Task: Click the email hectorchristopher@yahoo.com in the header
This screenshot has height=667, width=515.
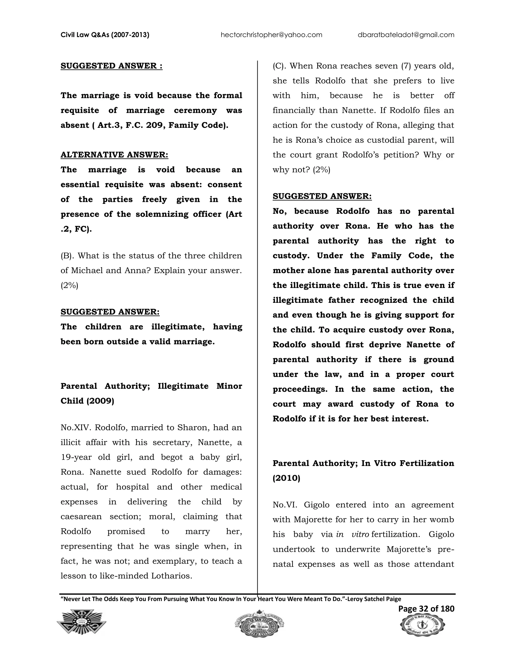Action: (271, 35)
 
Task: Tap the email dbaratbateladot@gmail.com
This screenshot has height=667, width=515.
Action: (406, 35)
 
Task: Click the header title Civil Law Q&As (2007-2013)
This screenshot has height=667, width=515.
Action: (105, 35)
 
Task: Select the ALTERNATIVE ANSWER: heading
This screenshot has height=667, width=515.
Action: (114, 155)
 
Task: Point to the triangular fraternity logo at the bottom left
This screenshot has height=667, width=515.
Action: (81, 628)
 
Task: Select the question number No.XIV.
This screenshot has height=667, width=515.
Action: (76, 428)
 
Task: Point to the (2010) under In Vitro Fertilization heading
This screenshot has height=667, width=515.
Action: (286, 478)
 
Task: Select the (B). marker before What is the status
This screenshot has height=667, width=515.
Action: (67, 256)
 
